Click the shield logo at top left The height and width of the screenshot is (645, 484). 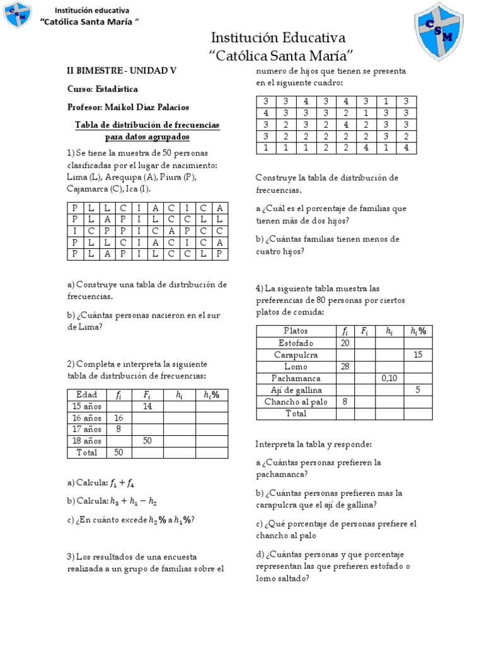18,15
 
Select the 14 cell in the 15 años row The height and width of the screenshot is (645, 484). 147,406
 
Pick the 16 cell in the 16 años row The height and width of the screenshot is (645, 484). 118,418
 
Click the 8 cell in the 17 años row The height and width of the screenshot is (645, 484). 118,429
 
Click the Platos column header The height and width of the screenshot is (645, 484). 296,331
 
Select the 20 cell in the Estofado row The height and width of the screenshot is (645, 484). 345,343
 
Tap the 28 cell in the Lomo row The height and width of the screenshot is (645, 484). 345,367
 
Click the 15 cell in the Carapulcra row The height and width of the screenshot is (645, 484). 417,355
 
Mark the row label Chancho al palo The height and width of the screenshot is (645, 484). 296,402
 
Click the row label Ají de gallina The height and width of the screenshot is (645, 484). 296,391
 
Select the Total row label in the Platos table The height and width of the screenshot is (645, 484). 296,414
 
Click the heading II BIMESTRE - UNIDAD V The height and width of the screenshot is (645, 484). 122,71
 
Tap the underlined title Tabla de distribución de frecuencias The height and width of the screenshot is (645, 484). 147,125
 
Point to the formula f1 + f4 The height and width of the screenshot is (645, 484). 122,483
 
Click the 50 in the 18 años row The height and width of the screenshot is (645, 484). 147,441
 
